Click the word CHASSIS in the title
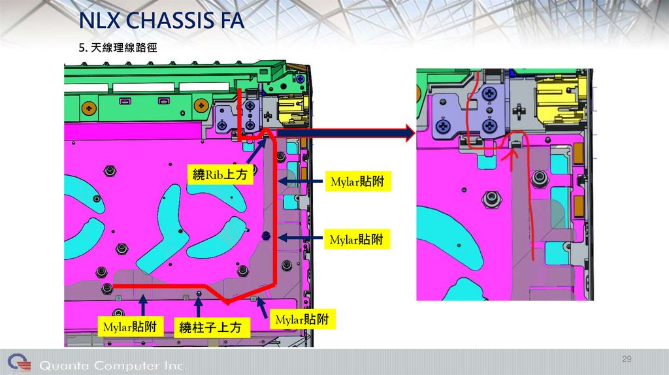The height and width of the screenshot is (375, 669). tap(171, 22)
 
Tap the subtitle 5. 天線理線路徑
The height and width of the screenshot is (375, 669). tap(118, 48)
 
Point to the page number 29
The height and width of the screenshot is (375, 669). tap(627, 360)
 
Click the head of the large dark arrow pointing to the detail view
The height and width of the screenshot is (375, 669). tap(408, 135)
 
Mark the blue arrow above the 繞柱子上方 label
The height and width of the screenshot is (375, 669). tap(197, 304)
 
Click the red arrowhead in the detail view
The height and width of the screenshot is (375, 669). tap(512, 154)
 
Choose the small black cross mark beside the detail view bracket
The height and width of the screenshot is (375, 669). tap(518, 110)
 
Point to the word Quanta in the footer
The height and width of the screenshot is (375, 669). tap(65, 365)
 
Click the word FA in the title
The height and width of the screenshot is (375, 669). tap(233, 22)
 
